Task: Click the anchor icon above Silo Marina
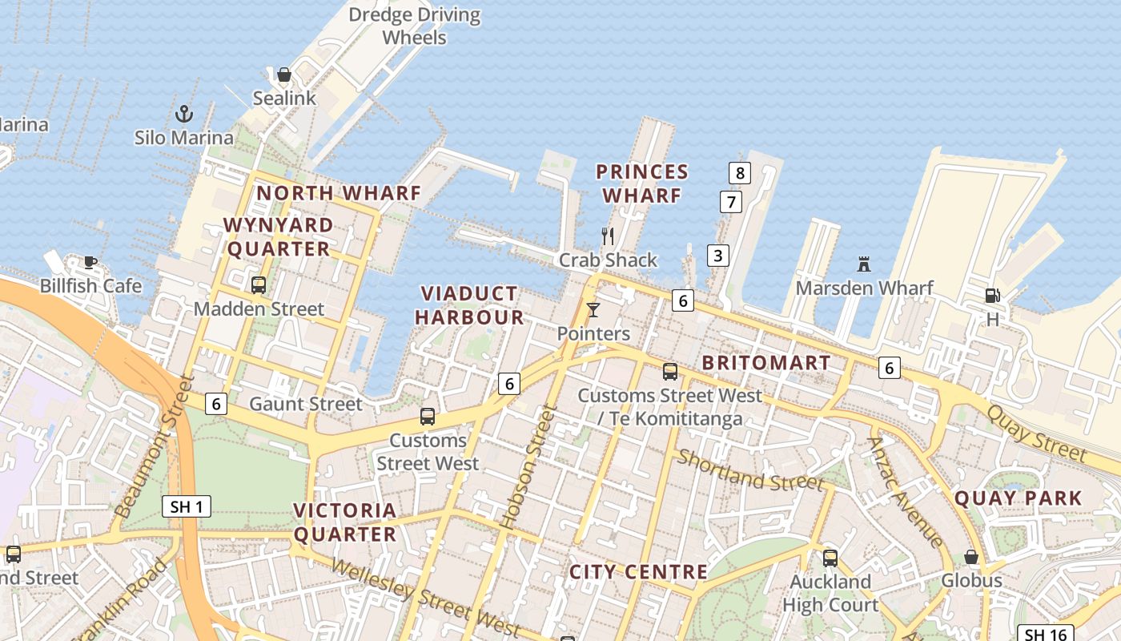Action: tap(184, 114)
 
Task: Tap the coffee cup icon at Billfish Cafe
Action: tap(90, 262)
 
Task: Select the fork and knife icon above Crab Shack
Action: tap(608, 236)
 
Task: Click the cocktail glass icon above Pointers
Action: tap(593, 309)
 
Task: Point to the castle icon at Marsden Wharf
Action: tap(864, 264)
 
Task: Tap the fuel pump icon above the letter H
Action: tap(992, 296)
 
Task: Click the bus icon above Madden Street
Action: tap(259, 284)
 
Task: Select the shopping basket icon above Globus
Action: tap(971, 556)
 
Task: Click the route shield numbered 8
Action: tap(739, 172)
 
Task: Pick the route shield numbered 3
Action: tap(718, 256)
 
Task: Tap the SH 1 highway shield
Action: tap(187, 506)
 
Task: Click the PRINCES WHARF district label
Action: tap(642, 183)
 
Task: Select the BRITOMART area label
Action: tap(766, 363)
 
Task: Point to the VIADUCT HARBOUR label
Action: tap(469, 305)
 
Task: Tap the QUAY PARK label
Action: tap(1019, 498)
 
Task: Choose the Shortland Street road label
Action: tap(750, 470)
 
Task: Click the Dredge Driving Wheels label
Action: tap(415, 26)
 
